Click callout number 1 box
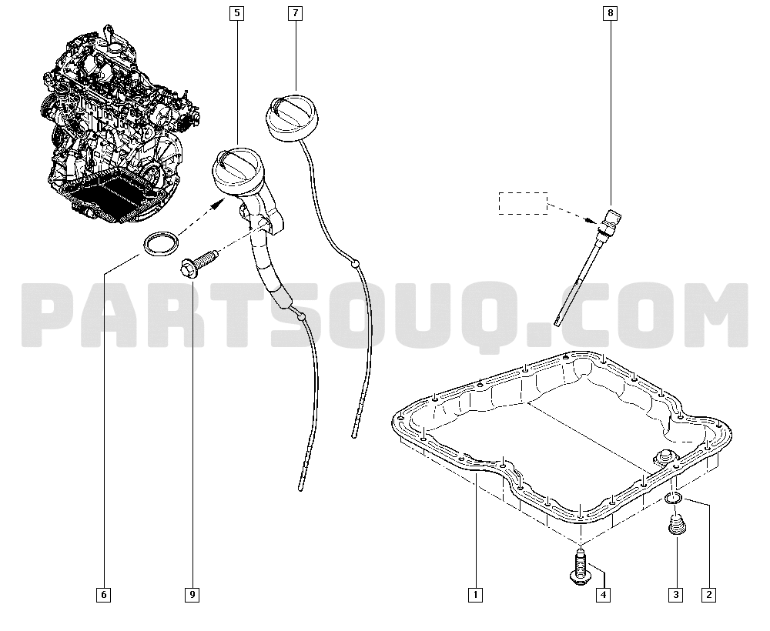475,595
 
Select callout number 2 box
708,595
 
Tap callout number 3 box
676,595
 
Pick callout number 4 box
603,595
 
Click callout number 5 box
236,13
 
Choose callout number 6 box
104,595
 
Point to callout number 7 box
295,13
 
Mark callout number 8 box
611,13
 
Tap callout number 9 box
192,595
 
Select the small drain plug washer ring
672,499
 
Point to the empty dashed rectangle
523,203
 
